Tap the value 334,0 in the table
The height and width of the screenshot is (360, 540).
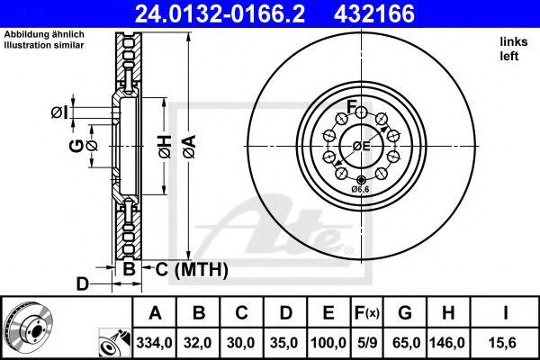tap(156, 342)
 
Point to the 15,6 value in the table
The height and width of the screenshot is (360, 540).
tap(508, 342)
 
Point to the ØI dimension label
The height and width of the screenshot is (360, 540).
tap(58, 112)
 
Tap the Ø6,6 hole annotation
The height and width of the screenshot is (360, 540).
tap(360, 190)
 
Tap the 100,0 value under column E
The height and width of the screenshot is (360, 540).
tap(327, 342)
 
